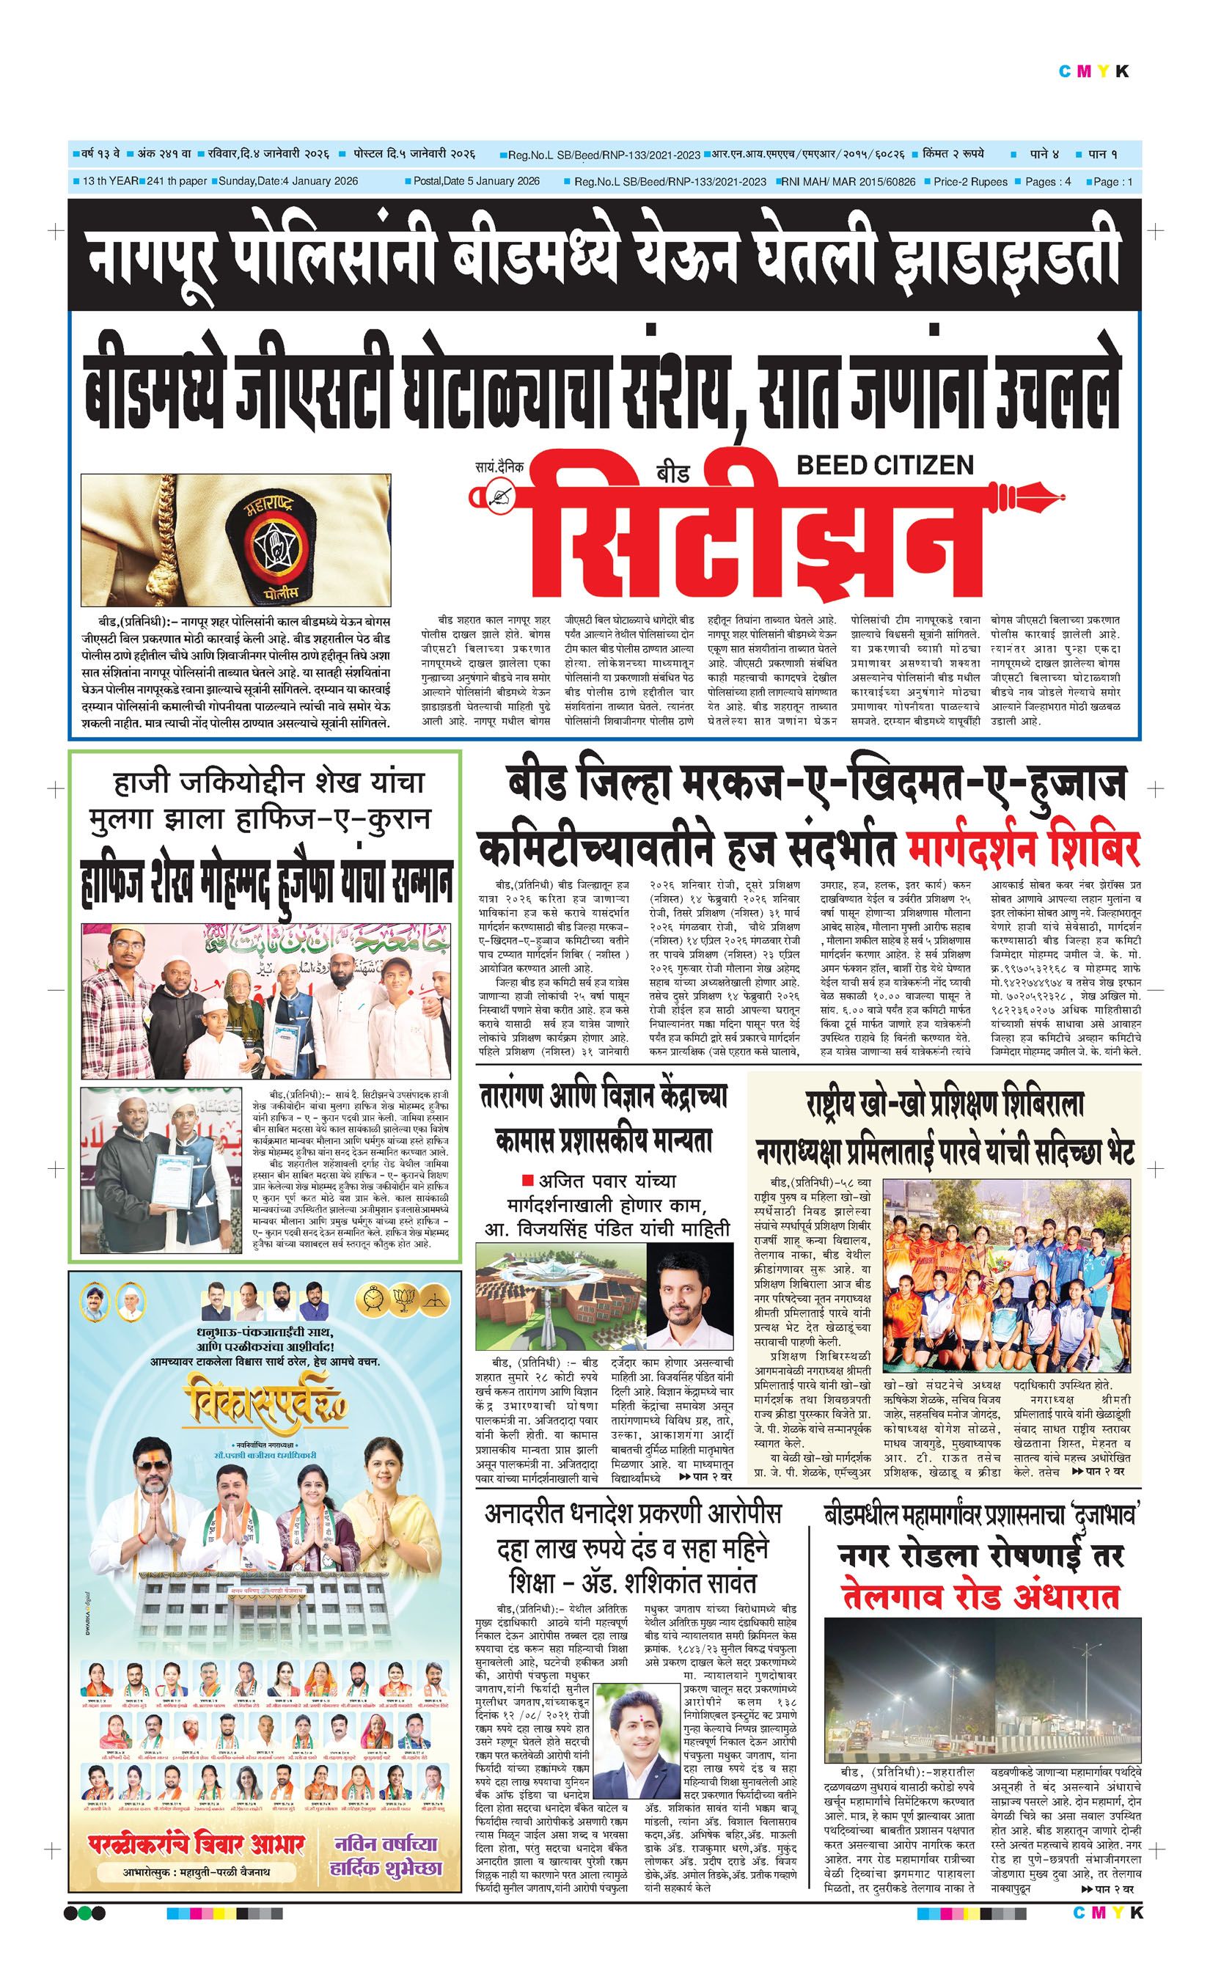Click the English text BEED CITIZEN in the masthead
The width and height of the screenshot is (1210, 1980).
pos(884,465)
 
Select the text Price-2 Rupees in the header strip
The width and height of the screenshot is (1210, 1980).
pos(969,182)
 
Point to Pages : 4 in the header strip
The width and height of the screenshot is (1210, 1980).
pos(1048,182)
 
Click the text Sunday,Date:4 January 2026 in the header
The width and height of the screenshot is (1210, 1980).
pos(285,182)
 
